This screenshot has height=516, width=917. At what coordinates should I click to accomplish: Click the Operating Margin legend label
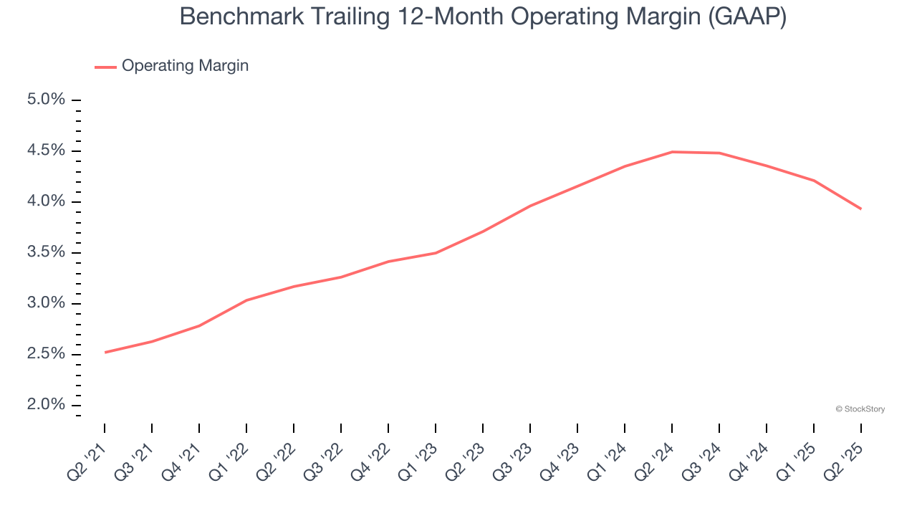[x=185, y=66]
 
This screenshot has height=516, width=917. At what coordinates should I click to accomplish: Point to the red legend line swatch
[x=105, y=67]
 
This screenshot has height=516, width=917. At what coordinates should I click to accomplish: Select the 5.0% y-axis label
[x=46, y=100]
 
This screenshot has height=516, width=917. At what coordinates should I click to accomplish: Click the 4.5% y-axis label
[x=46, y=150]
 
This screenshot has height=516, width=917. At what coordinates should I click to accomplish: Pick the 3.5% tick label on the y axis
[x=46, y=252]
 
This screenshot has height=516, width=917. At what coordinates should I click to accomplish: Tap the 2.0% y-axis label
[x=46, y=405]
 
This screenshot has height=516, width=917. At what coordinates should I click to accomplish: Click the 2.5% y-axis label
[x=46, y=354]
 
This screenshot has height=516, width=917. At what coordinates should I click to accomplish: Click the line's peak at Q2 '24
[x=672, y=152]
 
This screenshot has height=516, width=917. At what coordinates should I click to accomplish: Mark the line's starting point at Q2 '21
[x=105, y=352]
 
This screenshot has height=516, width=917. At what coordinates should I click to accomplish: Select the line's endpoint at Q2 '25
[x=860, y=209]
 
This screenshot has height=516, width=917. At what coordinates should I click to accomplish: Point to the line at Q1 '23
[x=436, y=253]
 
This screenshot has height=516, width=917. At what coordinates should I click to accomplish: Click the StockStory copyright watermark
[x=860, y=409]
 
